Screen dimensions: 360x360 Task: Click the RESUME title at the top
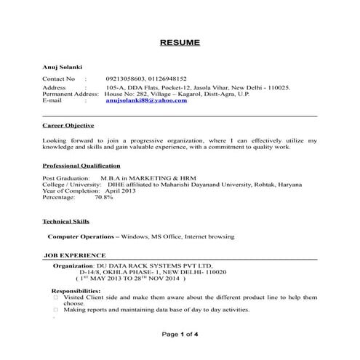(180, 43)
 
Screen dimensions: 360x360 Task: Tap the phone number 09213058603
(125, 79)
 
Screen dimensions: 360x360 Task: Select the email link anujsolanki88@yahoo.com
(145, 100)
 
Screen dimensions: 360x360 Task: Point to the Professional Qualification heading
(81, 165)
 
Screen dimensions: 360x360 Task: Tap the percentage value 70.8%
(103, 197)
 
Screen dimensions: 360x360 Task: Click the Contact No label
(59, 79)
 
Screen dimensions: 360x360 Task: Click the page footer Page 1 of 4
(180, 334)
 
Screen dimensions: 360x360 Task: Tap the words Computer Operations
(81, 237)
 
